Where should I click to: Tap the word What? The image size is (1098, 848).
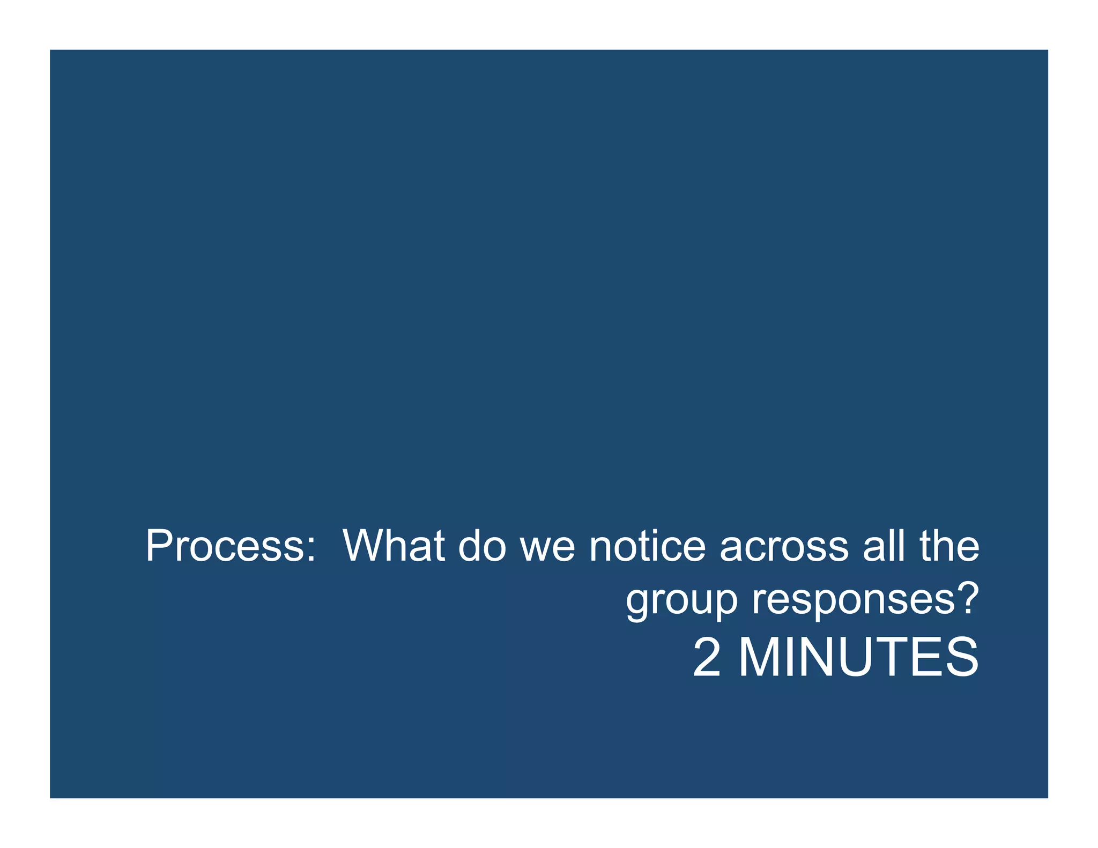[x=394, y=546]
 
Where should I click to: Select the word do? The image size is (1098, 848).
[x=482, y=546]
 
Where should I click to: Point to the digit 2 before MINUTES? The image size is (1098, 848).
[x=707, y=658]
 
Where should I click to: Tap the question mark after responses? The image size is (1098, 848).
[x=968, y=598]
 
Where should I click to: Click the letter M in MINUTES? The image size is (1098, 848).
[x=760, y=658]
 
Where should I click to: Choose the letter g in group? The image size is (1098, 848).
[x=637, y=604]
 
